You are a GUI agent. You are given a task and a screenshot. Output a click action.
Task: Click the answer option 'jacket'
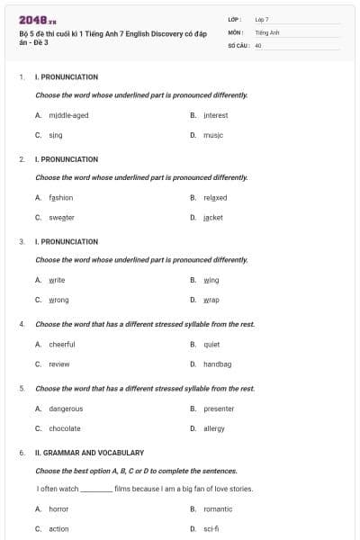212,217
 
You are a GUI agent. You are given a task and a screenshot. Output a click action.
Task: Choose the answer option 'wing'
211,280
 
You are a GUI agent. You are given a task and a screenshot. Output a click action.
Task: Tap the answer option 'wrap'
211,300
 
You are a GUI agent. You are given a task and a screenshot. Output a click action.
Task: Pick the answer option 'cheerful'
62,344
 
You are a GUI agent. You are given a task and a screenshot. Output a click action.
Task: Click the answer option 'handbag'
217,364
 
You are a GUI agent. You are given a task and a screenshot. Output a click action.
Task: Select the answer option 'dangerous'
66,409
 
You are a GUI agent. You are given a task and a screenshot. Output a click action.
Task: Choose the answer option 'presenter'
219,409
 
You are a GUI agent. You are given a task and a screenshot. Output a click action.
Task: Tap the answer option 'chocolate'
65,428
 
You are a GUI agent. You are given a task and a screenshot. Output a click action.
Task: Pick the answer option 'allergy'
214,428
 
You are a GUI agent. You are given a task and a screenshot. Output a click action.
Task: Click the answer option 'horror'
58,508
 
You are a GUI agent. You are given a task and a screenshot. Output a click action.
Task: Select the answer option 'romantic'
218,508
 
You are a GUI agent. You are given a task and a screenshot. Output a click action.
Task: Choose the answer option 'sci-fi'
211,528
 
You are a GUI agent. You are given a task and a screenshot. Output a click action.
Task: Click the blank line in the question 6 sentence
96,490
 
